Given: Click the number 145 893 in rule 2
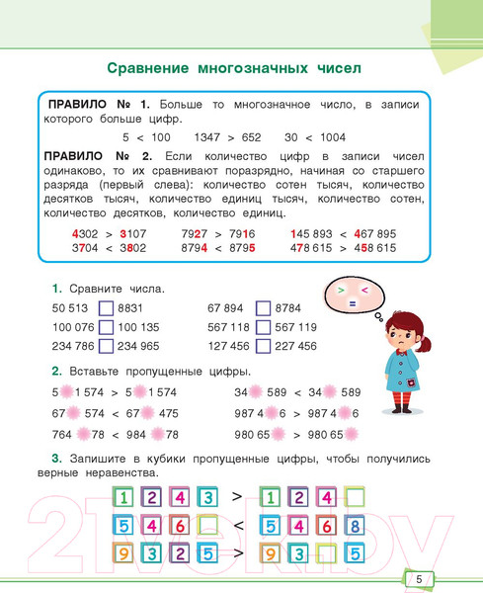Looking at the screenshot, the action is click(x=315, y=234).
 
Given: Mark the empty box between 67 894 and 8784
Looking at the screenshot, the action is click(x=263, y=308).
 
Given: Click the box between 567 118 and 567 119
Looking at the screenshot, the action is click(x=263, y=327).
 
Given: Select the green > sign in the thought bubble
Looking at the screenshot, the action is click(x=341, y=290).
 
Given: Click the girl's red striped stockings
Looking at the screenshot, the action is click(x=401, y=401).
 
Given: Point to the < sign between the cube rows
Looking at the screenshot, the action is click(x=237, y=526).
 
